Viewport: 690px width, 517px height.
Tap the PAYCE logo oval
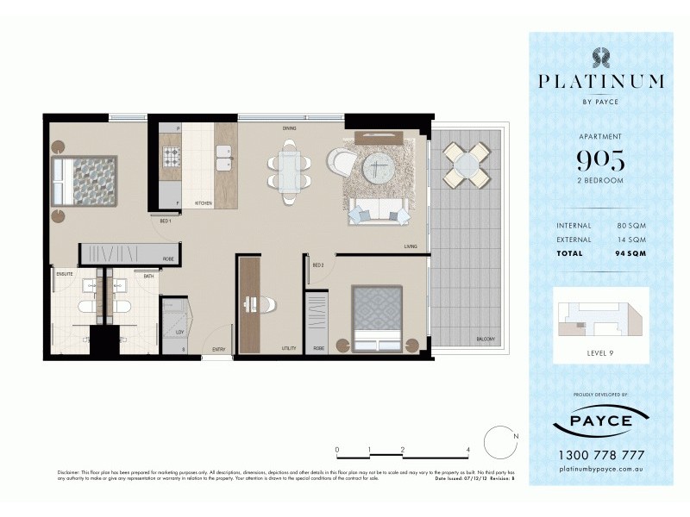coord(600,422)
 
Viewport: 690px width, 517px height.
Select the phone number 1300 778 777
coord(600,455)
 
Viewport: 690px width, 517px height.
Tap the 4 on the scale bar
coord(467,450)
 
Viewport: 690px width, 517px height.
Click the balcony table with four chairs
coord(465,164)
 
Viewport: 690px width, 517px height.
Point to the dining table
coord(289,169)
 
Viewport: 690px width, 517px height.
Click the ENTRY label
coord(219,349)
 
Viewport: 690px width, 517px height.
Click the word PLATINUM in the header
coord(600,82)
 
